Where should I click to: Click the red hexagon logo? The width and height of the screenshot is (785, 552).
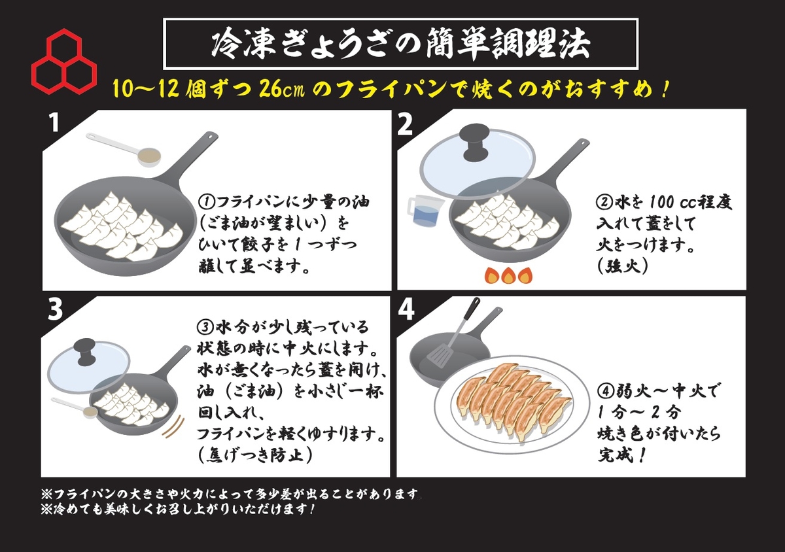pyautogui.click(x=64, y=61)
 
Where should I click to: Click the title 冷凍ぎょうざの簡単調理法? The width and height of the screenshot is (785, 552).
pyautogui.click(x=400, y=44)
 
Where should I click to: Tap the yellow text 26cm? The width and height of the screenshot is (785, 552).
pyautogui.click(x=282, y=89)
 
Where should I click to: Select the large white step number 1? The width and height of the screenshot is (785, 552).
pyautogui.click(x=54, y=123)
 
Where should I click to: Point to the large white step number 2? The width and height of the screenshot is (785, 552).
pyautogui.click(x=405, y=125)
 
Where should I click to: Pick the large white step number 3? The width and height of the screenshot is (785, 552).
pyautogui.click(x=55, y=309)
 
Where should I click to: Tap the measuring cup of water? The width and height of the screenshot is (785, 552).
pyautogui.click(x=425, y=209)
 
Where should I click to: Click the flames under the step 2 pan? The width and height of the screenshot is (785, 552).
pyautogui.click(x=508, y=275)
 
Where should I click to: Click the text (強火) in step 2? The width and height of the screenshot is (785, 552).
pyautogui.click(x=622, y=267)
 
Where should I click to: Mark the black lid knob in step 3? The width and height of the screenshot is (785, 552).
pyautogui.click(x=86, y=351)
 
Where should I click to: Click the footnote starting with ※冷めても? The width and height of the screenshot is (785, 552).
pyautogui.click(x=178, y=509)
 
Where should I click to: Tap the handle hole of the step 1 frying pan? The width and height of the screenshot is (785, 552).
pyautogui.click(x=211, y=135)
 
